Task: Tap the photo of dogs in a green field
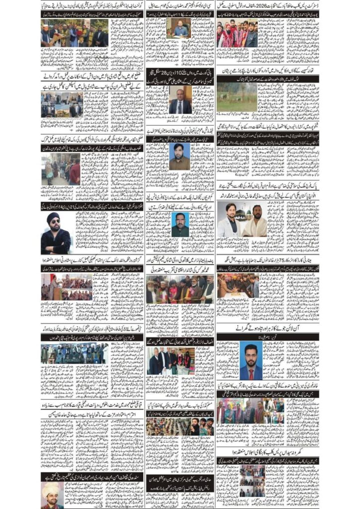click(x=237, y=97)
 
